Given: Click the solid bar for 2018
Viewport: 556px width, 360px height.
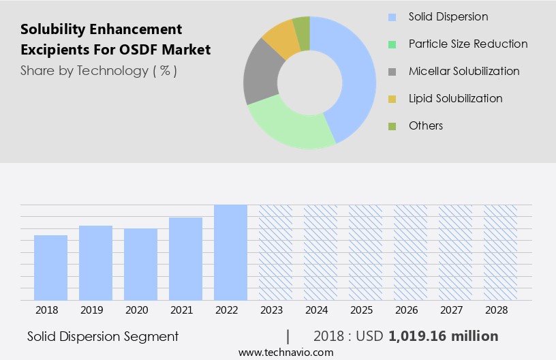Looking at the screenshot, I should (50, 267).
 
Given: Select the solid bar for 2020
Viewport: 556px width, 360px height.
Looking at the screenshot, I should (140, 264).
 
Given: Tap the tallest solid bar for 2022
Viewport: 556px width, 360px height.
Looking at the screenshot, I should (230, 252).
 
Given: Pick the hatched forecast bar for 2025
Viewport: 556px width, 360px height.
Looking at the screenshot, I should (365, 252).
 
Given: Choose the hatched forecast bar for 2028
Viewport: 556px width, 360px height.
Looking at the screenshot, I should (500, 252).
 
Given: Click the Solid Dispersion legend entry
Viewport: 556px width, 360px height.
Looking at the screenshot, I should (448, 16).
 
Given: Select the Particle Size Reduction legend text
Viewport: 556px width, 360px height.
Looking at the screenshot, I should (467, 44).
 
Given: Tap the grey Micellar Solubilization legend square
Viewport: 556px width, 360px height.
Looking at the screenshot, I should (392, 72).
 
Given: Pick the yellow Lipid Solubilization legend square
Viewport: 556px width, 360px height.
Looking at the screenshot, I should (392, 99).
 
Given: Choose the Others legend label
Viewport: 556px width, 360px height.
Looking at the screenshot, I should (425, 125).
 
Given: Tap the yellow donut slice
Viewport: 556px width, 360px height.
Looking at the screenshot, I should (281, 39).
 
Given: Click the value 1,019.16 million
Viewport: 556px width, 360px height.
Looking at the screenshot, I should (443, 336).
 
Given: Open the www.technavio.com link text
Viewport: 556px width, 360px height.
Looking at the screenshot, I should (286, 352).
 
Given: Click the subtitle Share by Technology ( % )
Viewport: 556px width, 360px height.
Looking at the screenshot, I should (99, 70).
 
